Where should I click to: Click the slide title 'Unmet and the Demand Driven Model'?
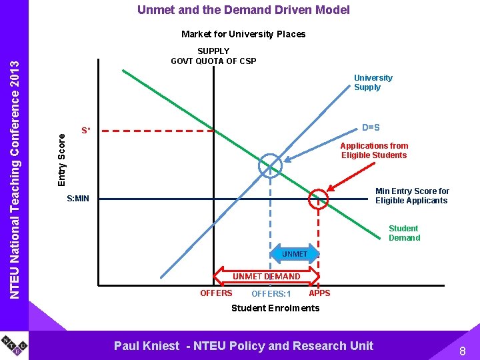coord(243,10)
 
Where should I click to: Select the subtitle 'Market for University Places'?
coord(243,34)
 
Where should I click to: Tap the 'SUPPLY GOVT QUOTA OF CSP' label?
coord(213,56)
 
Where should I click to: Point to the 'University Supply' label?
coord(373,83)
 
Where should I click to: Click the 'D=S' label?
coord(371,127)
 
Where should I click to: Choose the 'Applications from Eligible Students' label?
coord(373,151)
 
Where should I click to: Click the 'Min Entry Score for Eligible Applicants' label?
coord(411,196)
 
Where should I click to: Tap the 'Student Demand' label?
coord(404,233)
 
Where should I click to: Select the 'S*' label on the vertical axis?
coord(86,131)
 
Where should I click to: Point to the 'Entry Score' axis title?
coord(61,160)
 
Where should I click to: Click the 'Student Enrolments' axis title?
coord(275,308)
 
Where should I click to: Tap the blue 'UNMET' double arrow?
coord(295,254)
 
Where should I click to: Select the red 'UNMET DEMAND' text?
coord(266,276)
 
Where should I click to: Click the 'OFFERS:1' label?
coord(271,294)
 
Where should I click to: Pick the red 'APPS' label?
coord(320,293)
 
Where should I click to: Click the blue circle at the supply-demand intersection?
coord(270,166)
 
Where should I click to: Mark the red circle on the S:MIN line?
coord(319,198)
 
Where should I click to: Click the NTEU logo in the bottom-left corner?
coord(14,345)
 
